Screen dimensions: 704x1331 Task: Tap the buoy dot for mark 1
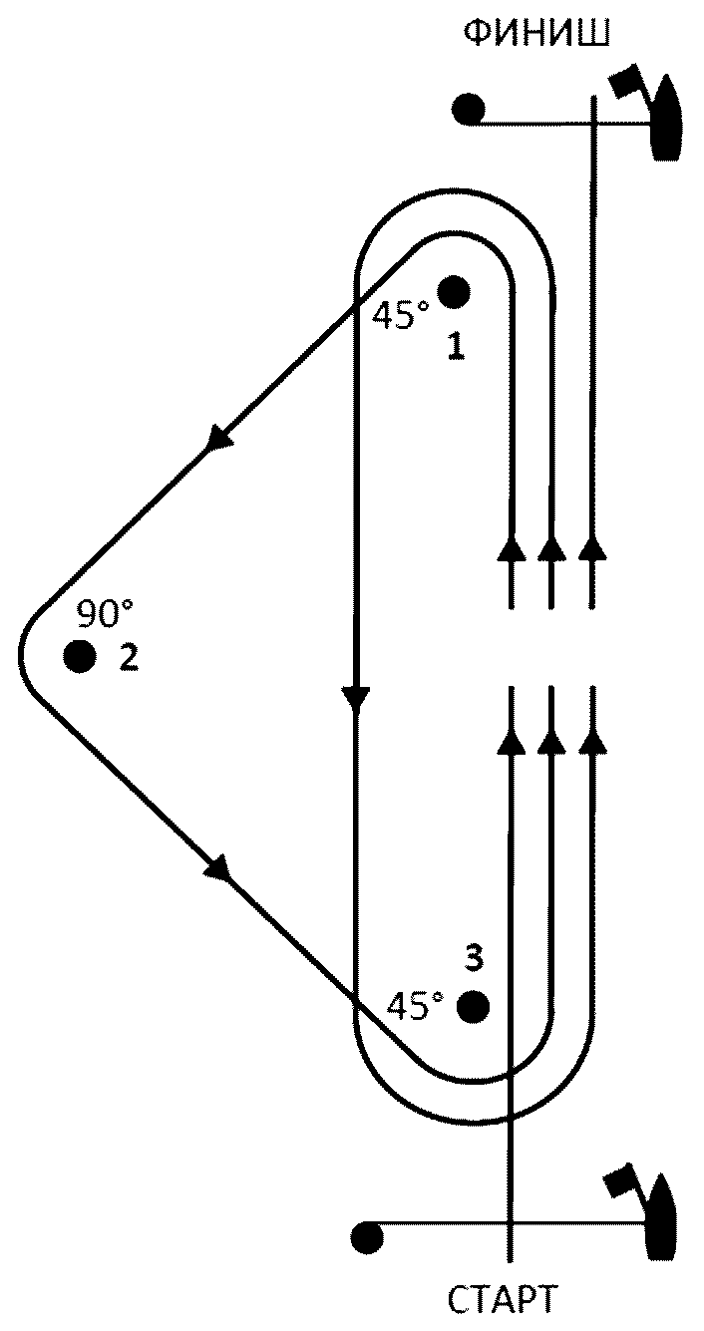click(454, 292)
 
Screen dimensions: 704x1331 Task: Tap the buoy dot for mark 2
click(80, 655)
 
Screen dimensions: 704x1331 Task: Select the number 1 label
click(456, 346)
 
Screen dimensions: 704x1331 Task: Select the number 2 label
click(129, 657)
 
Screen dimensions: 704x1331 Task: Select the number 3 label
click(474, 958)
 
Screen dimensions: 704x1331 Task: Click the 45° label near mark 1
click(400, 315)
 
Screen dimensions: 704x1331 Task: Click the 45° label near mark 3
click(415, 1006)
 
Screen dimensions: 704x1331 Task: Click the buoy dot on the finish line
click(468, 110)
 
